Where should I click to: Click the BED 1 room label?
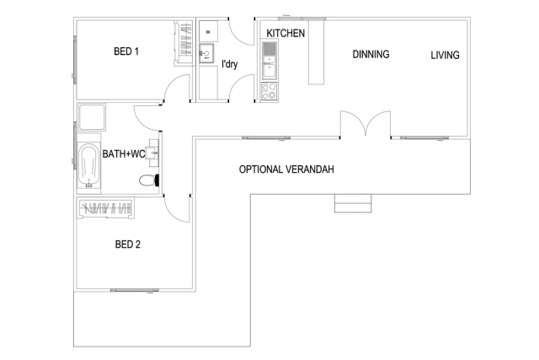(126, 52)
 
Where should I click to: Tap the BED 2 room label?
(128, 246)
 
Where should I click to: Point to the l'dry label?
(228, 64)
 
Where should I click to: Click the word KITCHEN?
(285, 33)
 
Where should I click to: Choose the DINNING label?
(371, 55)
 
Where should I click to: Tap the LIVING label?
(445, 56)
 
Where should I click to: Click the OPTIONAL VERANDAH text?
(286, 169)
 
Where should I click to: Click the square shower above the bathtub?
(91, 116)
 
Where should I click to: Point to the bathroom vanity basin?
(152, 153)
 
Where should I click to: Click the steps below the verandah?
(352, 203)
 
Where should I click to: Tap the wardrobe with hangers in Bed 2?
(106, 207)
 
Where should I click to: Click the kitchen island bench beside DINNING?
(316, 52)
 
